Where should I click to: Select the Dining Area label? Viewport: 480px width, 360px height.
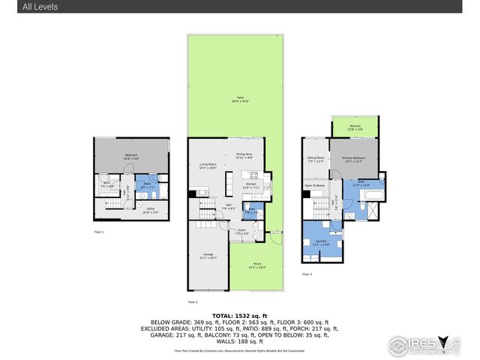tap(244, 155)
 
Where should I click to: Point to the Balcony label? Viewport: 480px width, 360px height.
tap(355, 126)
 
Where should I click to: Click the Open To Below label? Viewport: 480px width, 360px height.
tap(314, 184)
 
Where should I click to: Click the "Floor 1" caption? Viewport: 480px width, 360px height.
tap(98, 232)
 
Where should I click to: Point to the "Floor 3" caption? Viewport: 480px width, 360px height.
tap(307, 274)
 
